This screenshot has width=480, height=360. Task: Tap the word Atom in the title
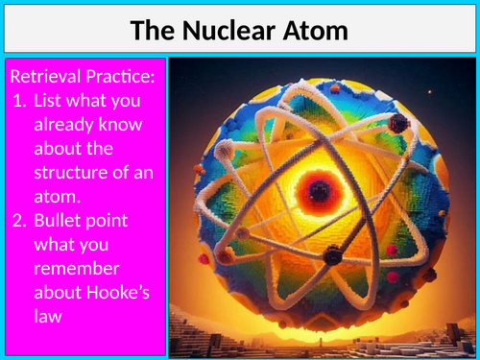(x=314, y=31)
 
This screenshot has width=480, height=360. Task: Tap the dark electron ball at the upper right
(x=397, y=124)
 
